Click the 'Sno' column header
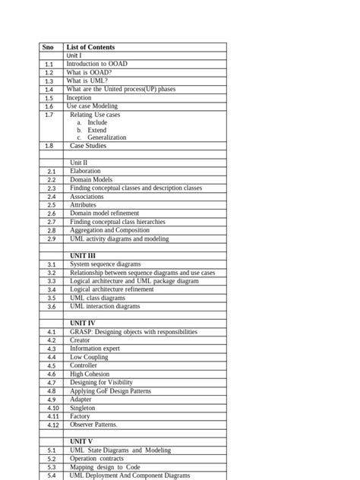click(x=48, y=47)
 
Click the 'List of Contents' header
click(x=90, y=47)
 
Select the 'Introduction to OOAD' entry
click(x=96, y=65)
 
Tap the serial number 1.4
click(x=49, y=90)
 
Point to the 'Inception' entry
click(x=79, y=98)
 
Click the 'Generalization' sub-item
click(x=107, y=137)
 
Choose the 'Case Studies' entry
click(x=88, y=146)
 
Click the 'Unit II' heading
click(x=79, y=163)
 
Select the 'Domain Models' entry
click(x=91, y=180)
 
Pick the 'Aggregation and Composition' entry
click(x=110, y=230)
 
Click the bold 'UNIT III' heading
click(x=83, y=256)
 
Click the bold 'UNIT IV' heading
click(x=83, y=324)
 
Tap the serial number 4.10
click(x=52, y=409)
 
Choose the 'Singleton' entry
click(x=83, y=408)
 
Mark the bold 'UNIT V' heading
click(x=81, y=441)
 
